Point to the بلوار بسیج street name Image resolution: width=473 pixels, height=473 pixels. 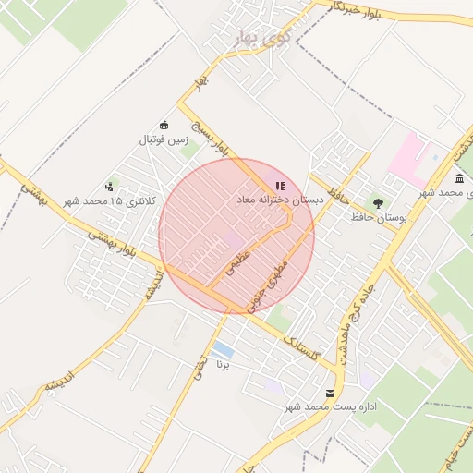tap(209, 135)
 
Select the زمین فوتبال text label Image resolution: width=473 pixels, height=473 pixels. tap(164, 140)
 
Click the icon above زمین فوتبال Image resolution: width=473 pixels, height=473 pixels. tap(164, 126)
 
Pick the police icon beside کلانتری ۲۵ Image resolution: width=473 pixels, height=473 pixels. tap(110, 187)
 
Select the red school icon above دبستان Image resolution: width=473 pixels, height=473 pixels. tap(280, 186)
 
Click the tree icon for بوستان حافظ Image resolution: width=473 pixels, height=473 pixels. tap(378, 203)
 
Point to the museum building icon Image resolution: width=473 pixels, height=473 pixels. tap(459, 178)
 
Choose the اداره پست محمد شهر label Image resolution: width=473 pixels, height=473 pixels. tap(293, 407)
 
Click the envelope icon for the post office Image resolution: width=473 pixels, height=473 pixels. tap(331, 394)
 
